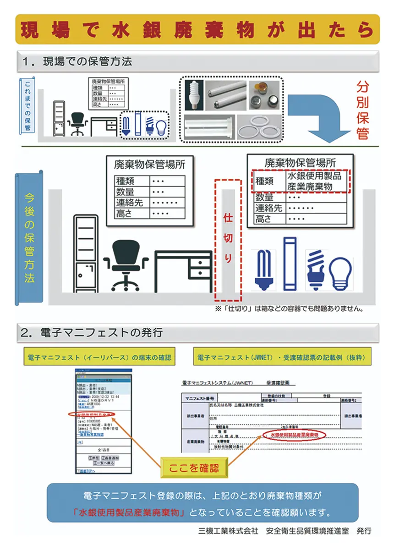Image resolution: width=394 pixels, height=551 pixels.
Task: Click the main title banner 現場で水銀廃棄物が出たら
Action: [x=197, y=29]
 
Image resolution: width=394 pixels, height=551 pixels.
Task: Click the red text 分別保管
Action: [x=362, y=110]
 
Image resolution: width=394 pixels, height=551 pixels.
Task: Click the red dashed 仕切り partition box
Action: [x=228, y=238]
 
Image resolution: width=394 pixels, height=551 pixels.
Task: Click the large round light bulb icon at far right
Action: [x=342, y=272]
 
